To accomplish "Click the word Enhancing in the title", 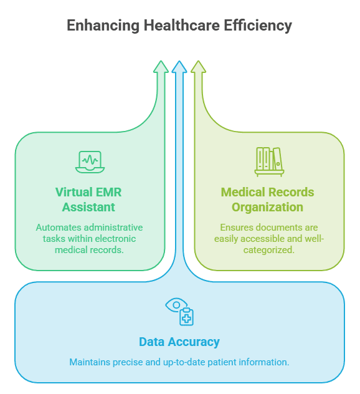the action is coord(103,26).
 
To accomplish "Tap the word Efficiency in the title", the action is coord(258,26).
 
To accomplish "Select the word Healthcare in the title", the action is coord(181,25).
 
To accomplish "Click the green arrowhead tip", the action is coord(161,61).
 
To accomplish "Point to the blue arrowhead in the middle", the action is coord(179,67).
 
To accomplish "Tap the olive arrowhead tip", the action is coord(198,61).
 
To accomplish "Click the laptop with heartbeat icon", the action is coord(90,162).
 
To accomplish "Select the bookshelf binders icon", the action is coord(269,162).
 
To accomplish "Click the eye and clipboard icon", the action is coord(179,312).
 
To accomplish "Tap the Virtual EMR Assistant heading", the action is coord(88,199).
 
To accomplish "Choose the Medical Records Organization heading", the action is coord(267,199).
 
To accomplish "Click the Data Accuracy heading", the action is coord(179,342).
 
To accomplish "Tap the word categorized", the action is coord(268,250).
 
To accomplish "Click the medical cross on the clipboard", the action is coord(186,319).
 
